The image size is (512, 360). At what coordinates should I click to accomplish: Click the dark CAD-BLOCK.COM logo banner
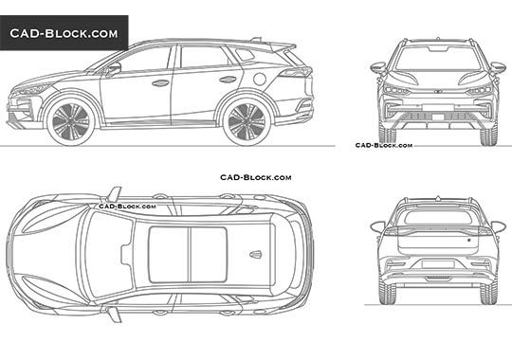(64, 34)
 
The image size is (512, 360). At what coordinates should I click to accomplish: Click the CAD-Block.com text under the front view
(383, 145)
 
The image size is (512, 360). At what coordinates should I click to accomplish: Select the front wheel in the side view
(69, 121)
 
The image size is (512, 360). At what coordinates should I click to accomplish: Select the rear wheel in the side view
(247, 121)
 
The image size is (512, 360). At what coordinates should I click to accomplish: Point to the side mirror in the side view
(113, 69)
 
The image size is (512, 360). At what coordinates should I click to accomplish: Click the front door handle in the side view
(161, 83)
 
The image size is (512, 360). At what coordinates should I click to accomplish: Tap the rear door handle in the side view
(228, 80)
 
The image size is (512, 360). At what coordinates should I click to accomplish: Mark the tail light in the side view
(296, 72)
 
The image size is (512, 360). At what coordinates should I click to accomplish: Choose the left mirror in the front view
(378, 67)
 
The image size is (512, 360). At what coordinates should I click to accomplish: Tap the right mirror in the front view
(498, 67)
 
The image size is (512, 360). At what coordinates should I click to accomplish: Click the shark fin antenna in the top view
(254, 253)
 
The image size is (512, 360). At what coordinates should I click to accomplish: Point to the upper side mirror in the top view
(114, 194)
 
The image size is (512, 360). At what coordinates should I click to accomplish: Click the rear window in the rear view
(438, 217)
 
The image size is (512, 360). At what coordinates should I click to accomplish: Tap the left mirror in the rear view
(377, 226)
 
